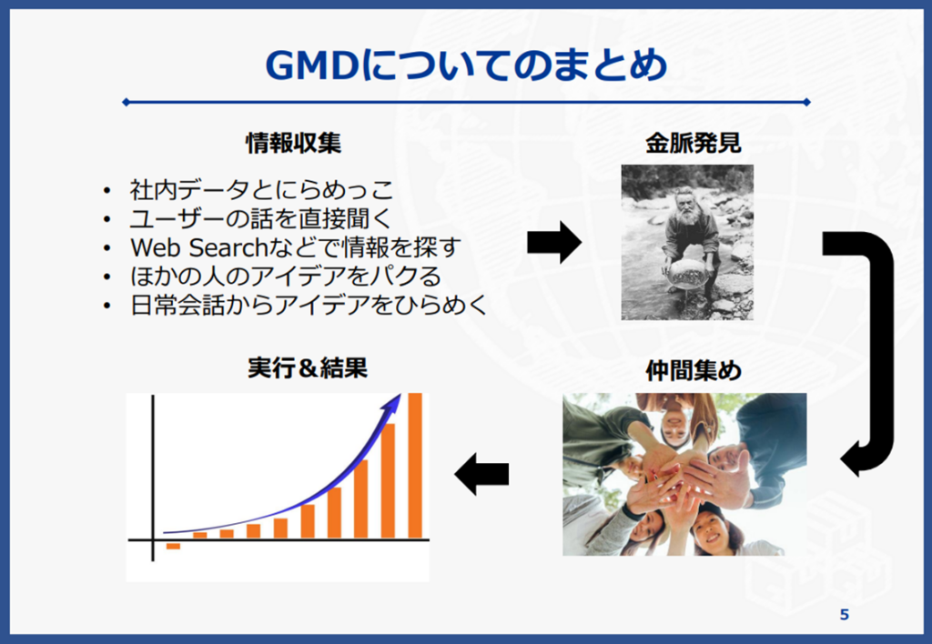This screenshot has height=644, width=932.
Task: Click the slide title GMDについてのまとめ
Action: click(467, 65)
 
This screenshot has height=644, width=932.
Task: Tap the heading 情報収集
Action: click(294, 143)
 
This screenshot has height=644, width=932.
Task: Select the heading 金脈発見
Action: click(694, 143)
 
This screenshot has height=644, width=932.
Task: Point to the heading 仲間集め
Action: click(694, 371)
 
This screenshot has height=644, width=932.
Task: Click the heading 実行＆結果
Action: click(308, 368)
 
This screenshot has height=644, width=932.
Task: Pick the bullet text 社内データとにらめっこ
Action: click(262, 190)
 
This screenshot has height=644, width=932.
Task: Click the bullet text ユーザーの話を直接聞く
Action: click(261, 218)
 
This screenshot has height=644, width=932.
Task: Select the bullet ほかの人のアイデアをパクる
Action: click(286, 277)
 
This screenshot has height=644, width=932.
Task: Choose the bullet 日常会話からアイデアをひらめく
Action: click(309, 305)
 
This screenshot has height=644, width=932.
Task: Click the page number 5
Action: click(844, 615)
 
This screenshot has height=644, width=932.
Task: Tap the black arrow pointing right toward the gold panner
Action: click(554, 242)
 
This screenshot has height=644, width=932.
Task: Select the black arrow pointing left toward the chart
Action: click(481, 474)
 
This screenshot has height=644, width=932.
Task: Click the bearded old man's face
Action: click(688, 206)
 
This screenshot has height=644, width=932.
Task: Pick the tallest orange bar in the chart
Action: click(415, 465)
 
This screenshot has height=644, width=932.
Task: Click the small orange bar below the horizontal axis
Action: click(173, 546)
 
